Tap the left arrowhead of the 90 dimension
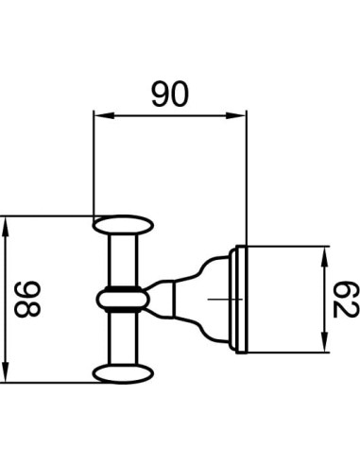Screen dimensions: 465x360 (98, 117)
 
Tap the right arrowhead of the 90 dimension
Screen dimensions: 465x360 (240, 117)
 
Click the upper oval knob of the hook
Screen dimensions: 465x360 (124, 226)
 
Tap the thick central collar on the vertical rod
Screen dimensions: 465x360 (124, 299)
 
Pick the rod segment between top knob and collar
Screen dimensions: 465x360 (124, 259)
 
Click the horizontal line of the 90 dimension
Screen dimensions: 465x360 (169, 117)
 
